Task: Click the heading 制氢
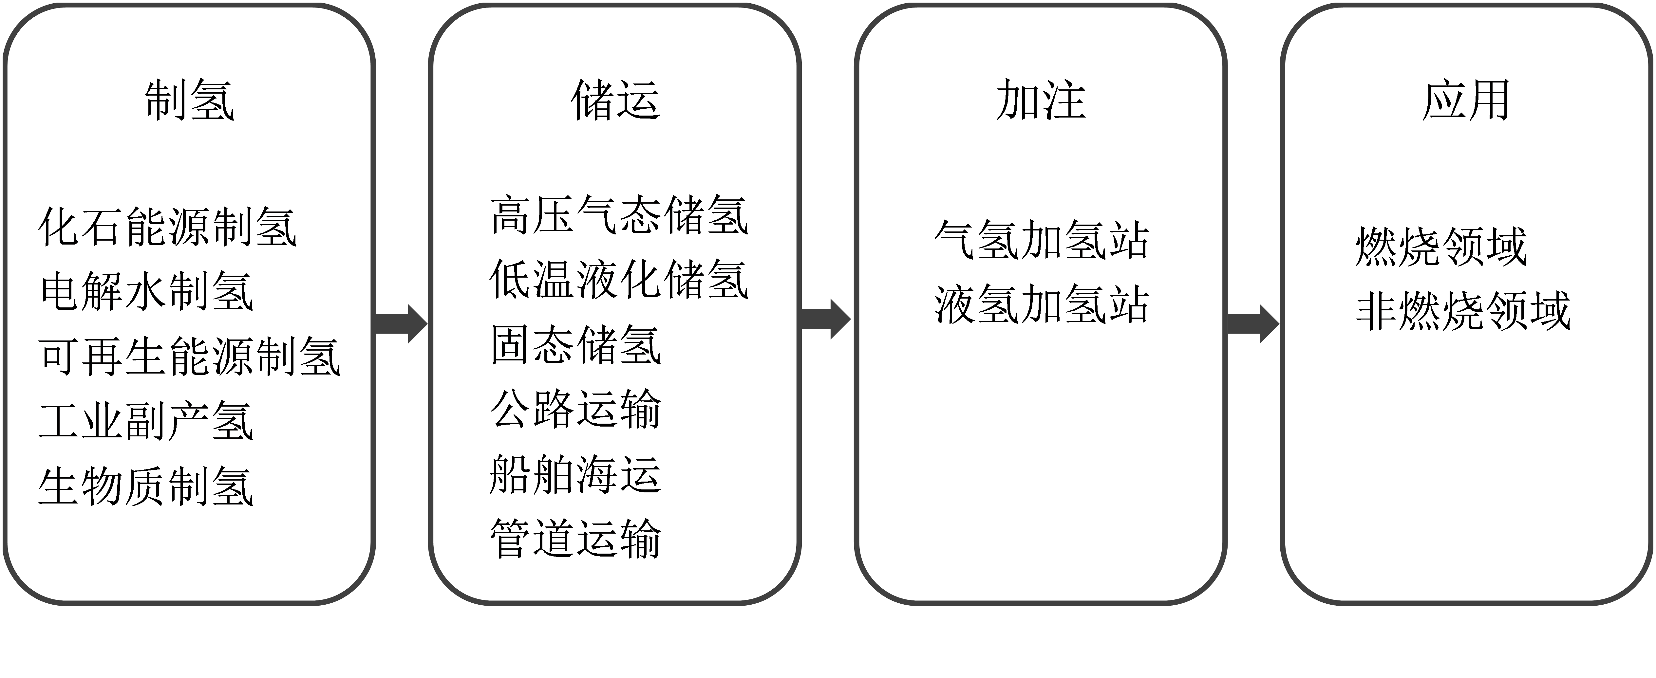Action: pos(190,100)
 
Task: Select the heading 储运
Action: pos(616,100)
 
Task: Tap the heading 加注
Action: pos(1041,100)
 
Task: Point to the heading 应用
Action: pos(1466,100)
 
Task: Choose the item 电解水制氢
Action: pos(147,291)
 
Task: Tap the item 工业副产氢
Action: pos(147,421)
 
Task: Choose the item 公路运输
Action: pos(576,409)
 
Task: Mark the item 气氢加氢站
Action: pos(1042,240)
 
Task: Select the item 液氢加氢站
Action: pos(1042,304)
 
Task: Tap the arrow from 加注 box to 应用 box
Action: pos(1253,324)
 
